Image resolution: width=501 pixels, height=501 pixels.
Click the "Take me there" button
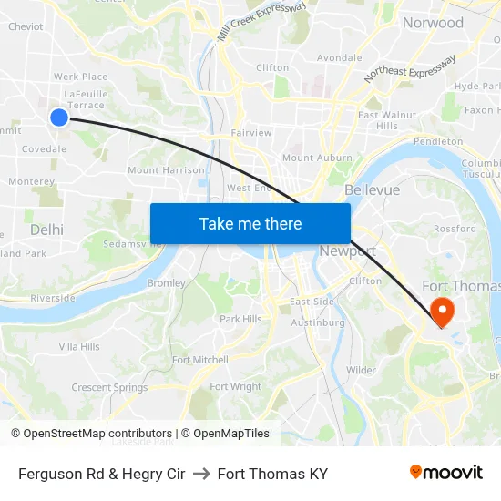250,223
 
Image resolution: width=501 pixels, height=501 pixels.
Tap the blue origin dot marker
59,117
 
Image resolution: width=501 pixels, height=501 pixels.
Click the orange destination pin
442,312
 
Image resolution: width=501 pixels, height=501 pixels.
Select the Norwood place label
433,23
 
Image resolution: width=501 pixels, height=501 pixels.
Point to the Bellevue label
372,190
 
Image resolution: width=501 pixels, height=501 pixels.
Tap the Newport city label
347,250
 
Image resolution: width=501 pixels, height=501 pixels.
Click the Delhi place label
46,230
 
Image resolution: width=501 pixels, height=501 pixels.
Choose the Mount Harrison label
166,170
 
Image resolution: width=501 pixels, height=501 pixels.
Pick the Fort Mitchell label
199,360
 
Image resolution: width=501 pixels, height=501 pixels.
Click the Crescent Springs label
109,387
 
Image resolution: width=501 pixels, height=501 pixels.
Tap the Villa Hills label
79,347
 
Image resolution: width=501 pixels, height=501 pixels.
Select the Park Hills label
240,319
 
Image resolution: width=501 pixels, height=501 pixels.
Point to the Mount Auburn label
317,158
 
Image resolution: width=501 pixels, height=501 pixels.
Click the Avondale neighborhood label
339,57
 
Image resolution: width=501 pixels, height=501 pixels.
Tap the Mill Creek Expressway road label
261,20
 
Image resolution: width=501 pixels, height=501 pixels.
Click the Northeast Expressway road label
409,69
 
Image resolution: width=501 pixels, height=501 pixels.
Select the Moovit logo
446,473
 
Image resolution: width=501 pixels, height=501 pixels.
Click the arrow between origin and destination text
201,474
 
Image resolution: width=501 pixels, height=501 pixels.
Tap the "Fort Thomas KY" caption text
272,474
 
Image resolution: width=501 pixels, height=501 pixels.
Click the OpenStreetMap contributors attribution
91,434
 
